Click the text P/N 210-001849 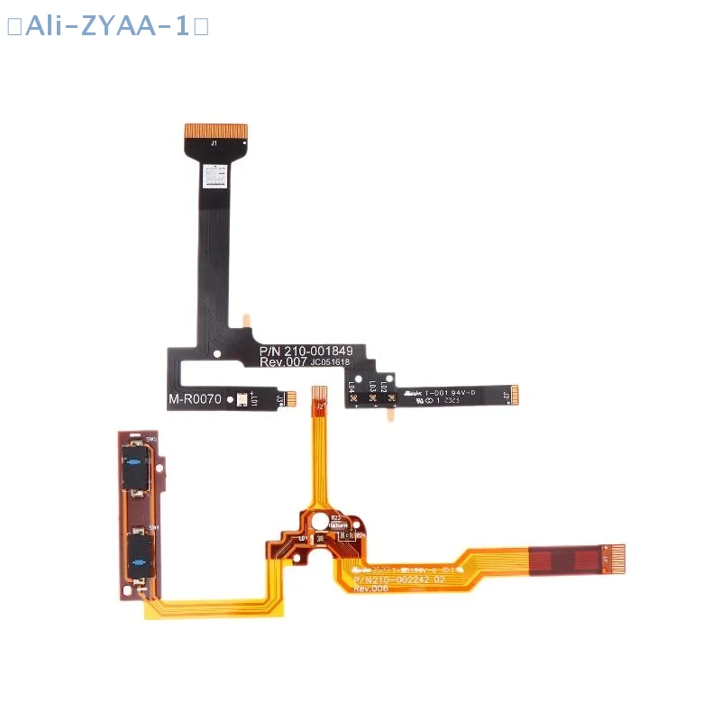312,350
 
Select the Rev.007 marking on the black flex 284,362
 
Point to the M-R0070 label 195,399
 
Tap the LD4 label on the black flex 351,389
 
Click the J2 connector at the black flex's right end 516,396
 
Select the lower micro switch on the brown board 136,552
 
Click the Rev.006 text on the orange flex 372,588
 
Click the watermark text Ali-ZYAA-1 107,26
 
